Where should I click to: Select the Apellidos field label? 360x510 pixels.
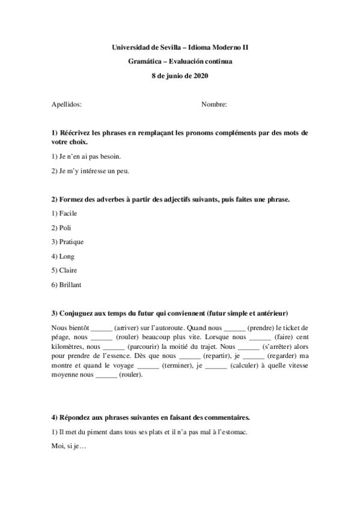[x=66, y=104]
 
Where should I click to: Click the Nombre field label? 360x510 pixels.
[x=214, y=104]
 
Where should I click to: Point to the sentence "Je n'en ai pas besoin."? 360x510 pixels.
[x=87, y=156]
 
